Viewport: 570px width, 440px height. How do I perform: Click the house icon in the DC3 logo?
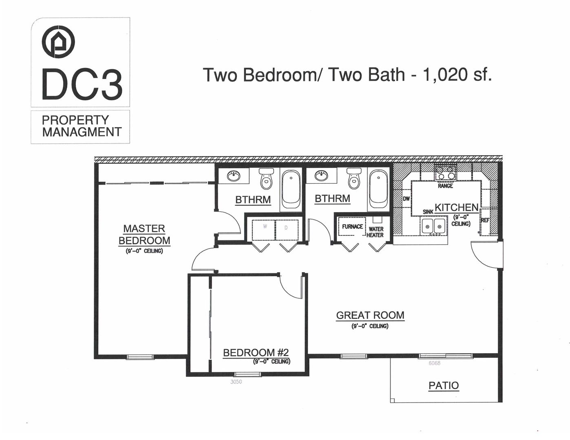coord(58,42)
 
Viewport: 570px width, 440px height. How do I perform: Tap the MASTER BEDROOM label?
coord(144,234)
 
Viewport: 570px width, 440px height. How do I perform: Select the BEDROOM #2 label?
coord(256,352)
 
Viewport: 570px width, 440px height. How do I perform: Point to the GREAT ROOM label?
coord(370,315)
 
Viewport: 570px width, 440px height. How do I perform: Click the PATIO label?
coord(444,385)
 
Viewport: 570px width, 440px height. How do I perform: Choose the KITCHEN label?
coord(456,207)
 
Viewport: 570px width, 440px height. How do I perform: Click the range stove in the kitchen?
coord(445,173)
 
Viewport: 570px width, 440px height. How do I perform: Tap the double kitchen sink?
coord(433,225)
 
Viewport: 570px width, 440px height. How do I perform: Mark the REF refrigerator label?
coord(485,220)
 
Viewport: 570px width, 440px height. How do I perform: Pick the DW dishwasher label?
coord(406,199)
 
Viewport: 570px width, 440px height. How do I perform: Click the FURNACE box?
coord(352,227)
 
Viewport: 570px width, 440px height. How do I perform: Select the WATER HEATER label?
coord(376,232)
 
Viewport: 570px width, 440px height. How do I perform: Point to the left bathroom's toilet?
coord(266,179)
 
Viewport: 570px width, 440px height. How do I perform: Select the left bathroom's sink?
coord(234,176)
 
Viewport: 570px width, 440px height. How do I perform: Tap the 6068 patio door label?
coord(434,363)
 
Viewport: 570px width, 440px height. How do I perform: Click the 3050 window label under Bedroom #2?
coord(236,382)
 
